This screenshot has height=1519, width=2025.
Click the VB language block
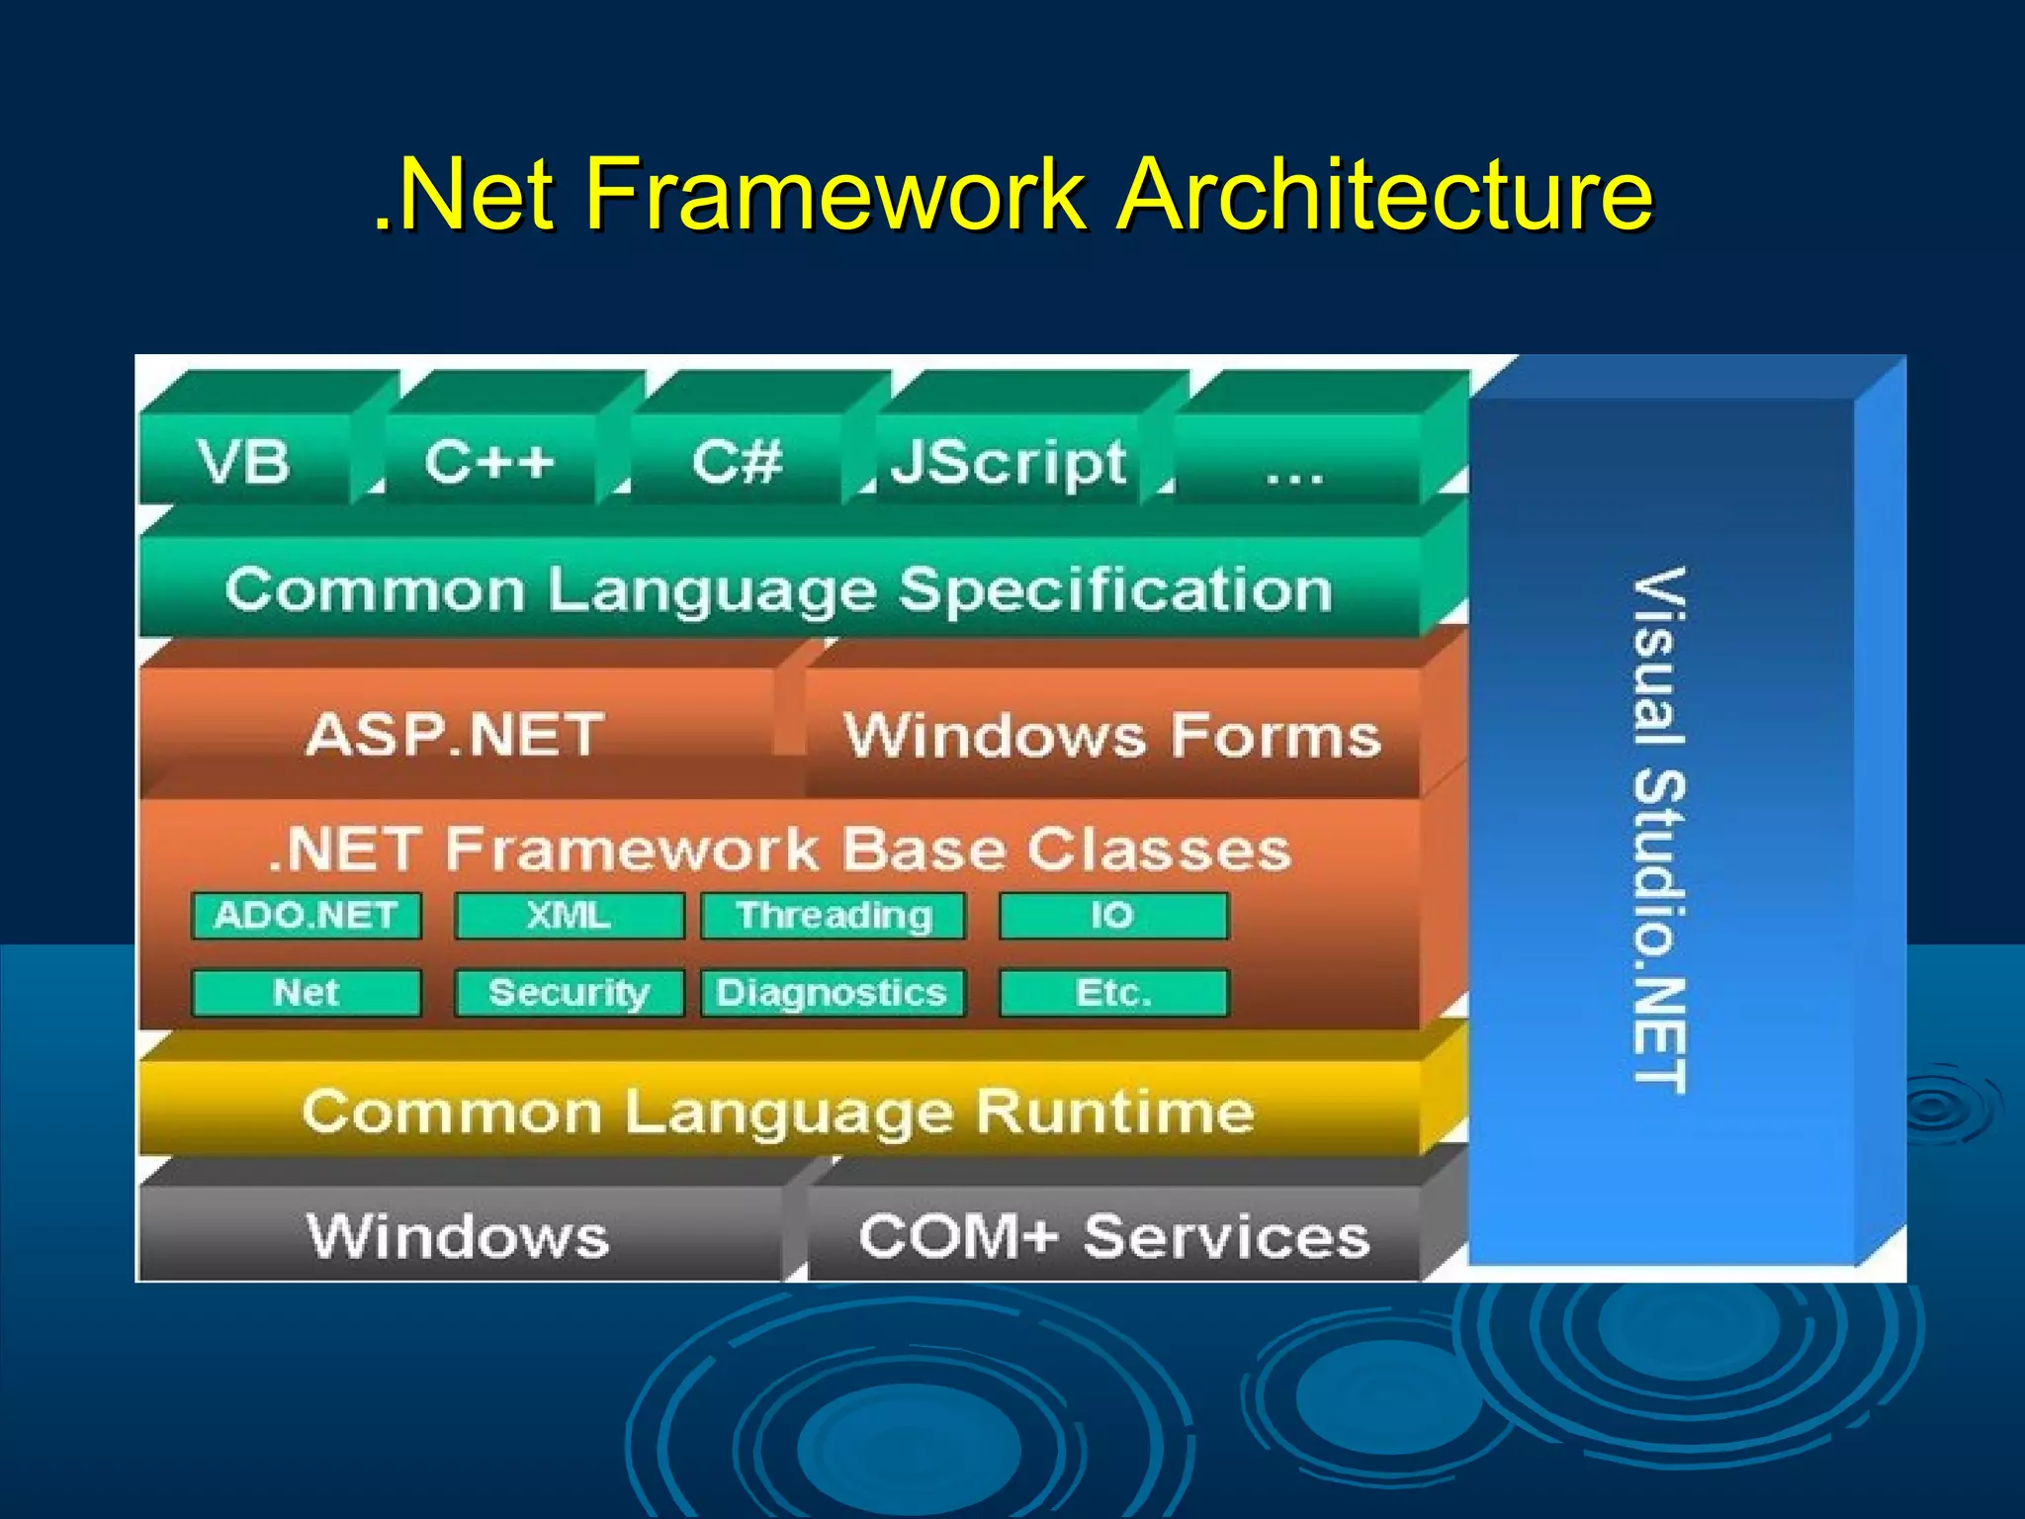[x=244, y=462]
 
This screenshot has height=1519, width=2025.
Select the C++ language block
[x=489, y=462]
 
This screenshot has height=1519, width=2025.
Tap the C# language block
[x=737, y=462]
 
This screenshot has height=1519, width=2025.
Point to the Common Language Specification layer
[x=779, y=590]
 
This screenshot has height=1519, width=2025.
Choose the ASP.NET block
[x=455, y=735]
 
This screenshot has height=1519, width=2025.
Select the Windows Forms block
[x=1112, y=737]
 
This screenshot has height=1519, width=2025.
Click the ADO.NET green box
[x=307, y=916]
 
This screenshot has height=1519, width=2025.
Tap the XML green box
[x=569, y=916]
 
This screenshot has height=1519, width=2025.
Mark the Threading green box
[x=834, y=916]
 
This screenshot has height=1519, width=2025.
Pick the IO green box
[x=1113, y=916]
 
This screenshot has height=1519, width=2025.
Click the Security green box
[x=569, y=993]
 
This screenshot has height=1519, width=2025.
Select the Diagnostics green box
[x=833, y=993]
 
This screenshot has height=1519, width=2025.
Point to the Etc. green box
[x=1113, y=993]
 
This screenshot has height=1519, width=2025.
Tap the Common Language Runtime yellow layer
[x=779, y=1112]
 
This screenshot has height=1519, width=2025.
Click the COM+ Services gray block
[x=1114, y=1236]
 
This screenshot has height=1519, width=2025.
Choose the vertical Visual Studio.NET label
[x=1658, y=831]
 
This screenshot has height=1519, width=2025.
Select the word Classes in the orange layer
[x=1159, y=849]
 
